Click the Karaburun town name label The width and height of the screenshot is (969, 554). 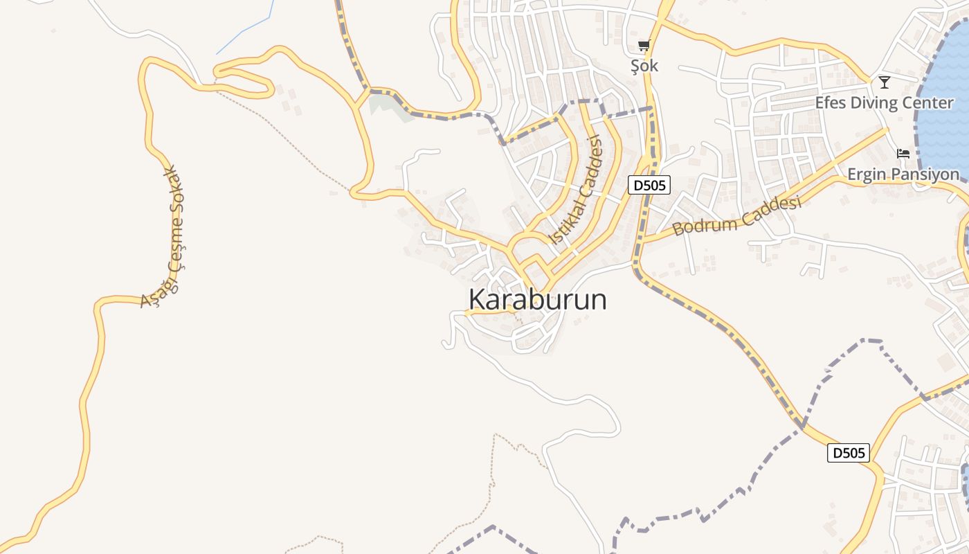538,300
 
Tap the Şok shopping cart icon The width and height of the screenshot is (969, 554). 644,46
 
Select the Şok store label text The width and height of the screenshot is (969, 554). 644,66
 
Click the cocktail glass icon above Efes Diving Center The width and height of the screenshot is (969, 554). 884,82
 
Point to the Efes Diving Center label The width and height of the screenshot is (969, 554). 884,103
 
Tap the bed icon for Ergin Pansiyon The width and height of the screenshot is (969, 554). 903,154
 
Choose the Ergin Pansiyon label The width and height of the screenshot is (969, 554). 903,175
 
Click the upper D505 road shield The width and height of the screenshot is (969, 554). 649,185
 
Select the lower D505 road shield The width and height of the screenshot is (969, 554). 849,454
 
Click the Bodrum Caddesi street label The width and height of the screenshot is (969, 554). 737,215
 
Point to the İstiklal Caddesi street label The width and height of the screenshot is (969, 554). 576,190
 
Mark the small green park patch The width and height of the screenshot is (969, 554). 382,105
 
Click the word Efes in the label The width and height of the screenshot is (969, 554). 831,103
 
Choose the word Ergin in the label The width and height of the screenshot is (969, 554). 867,175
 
